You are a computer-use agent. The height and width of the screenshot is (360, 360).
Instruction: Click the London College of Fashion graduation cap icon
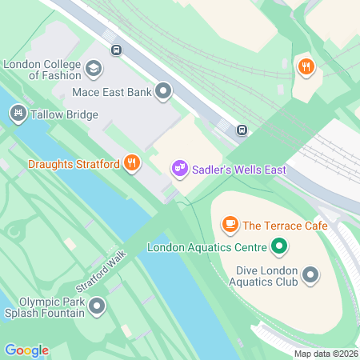93,68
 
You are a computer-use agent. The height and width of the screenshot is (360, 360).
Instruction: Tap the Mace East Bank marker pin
164,91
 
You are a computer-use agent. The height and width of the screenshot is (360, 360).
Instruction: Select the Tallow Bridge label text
63,114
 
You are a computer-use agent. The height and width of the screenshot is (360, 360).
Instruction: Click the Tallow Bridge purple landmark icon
16,114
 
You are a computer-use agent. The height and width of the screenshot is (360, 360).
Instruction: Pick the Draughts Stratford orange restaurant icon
132,165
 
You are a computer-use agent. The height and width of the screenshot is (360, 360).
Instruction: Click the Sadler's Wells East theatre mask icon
179,168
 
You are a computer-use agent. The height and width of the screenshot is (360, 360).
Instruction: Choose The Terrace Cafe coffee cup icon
230,225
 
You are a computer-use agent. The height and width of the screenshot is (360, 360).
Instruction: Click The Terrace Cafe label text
286,226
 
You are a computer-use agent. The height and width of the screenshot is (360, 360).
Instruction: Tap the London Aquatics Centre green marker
279,246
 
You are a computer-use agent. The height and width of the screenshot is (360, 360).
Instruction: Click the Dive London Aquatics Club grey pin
310,276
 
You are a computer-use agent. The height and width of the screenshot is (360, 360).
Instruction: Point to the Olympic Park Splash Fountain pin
98,306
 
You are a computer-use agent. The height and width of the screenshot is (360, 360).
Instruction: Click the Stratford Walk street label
102,272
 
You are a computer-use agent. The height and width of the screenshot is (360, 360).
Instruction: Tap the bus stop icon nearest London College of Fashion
117,50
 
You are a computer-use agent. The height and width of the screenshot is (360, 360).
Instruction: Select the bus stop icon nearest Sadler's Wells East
241,130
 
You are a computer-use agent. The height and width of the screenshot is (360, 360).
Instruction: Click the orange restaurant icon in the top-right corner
305,66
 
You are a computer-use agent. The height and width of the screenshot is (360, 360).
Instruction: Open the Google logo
26,350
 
